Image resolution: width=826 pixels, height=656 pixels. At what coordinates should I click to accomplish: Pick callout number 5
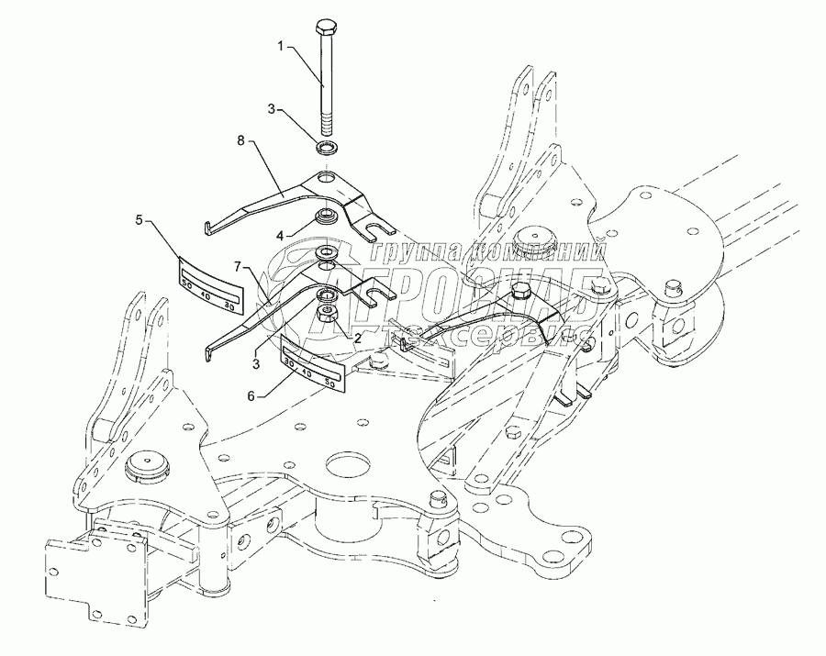coord(140,219)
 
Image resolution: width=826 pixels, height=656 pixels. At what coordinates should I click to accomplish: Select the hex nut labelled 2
coord(327,316)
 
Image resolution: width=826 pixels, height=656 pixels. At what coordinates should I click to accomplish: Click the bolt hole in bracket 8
coord(326,176)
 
